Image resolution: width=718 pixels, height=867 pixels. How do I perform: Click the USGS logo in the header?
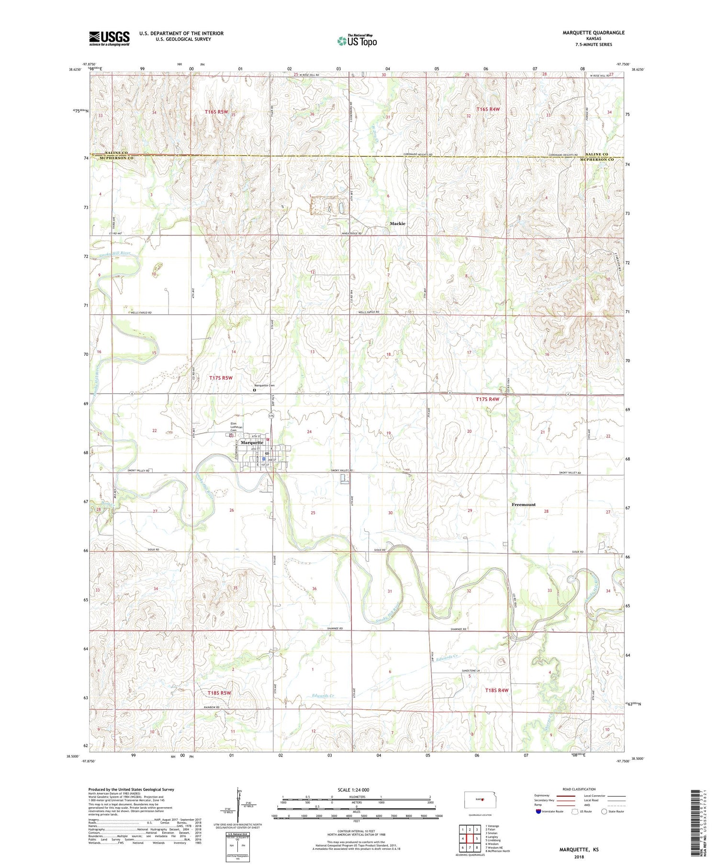click(109, 38)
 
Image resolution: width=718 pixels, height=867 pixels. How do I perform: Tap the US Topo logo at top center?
click(357, 41)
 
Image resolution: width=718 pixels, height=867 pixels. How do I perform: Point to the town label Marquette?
click(252, 442)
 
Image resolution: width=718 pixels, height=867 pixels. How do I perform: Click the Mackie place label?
click(397, 223)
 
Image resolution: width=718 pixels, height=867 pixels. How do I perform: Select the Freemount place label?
click(524, 505)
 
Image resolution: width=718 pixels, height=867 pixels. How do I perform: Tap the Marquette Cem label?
click(264, 385)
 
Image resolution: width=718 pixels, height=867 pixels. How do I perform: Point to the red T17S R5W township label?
click(221, 378)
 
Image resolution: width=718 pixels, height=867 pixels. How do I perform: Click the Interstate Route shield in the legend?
click(538, 811)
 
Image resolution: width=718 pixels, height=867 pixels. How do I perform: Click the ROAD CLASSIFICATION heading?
click(579, 789)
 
